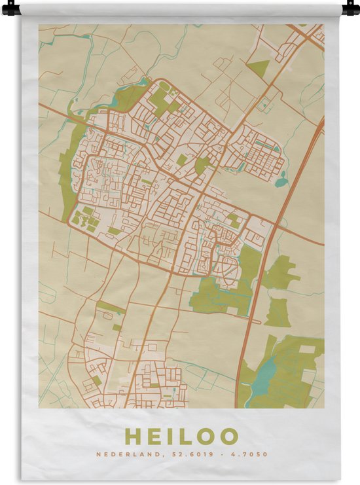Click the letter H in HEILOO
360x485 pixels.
coord(132,437)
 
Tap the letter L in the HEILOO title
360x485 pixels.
coord(184,437)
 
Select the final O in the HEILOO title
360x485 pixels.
coord(229,437)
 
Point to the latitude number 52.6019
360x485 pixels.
coord(192,454)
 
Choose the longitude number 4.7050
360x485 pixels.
coord(251,454)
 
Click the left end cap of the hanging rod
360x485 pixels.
coord(10,9)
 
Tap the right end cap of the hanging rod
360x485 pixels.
coord(351,9)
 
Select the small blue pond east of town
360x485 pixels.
coord(281,182)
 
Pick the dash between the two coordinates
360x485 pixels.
coord(222,454)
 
